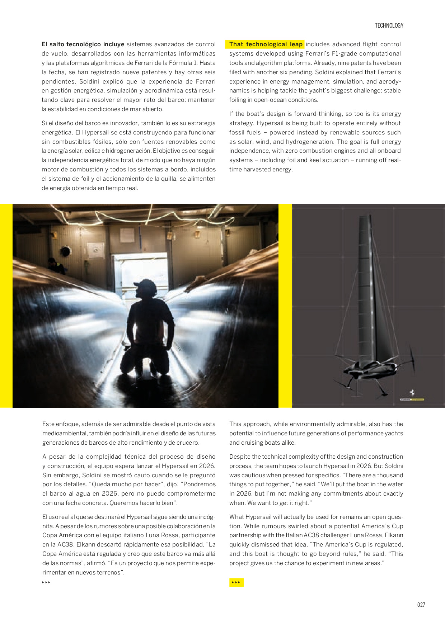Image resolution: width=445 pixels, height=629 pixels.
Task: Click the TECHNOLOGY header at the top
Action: click(389, 25)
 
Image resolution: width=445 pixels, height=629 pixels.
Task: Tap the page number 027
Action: click(421, 605)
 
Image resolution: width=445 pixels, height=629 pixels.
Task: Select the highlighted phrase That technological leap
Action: click(266, 44)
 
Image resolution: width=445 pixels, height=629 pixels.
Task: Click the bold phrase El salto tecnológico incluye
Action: click(83, 44)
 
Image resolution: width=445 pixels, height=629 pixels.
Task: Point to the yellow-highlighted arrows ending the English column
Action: click(236, 582)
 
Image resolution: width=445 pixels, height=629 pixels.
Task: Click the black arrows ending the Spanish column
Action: click(46, 582)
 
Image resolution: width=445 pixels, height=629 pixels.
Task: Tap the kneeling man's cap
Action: click(145, 286)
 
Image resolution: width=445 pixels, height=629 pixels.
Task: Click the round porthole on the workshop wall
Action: click(65, 251)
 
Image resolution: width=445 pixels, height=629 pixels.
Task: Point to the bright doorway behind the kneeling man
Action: click(140, 265)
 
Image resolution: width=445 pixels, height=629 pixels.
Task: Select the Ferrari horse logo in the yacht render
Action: click(412, 392)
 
